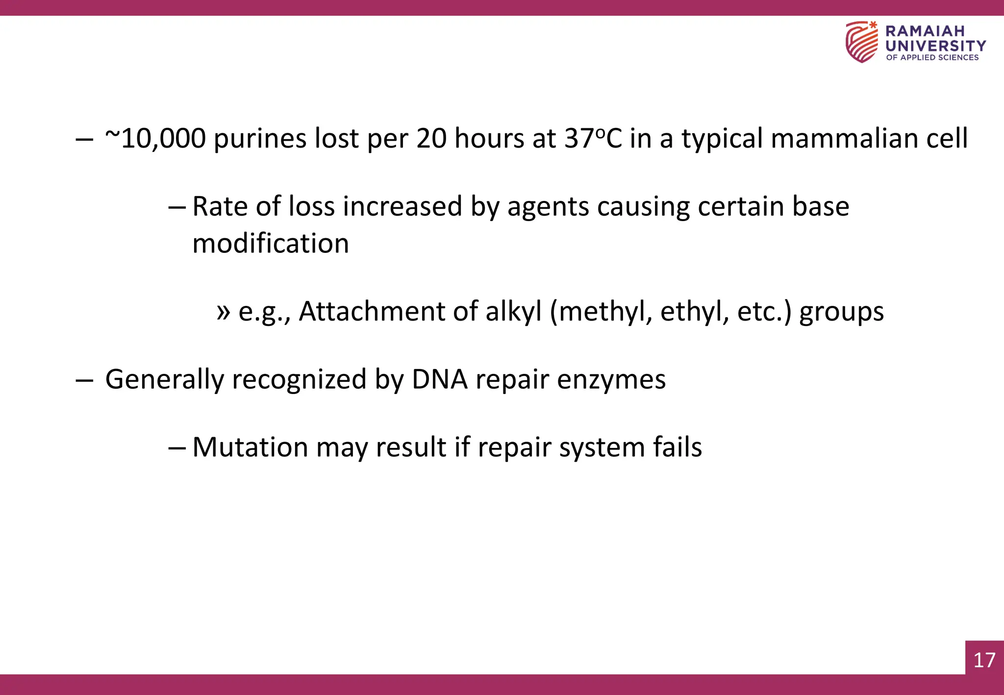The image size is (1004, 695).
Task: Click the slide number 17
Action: (x=984, y=660)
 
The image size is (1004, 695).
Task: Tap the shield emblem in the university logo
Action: (x=861, y=42)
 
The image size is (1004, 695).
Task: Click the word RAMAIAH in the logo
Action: (x=925, y=31)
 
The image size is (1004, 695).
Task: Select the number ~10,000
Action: (x=155, y=139)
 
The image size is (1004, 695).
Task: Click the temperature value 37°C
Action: (x=593, y=139)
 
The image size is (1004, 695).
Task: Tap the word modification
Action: (x=271, y=244)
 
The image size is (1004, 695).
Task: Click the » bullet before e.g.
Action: (x=224, y=312)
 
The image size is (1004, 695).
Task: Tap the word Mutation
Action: (x=250, y=447)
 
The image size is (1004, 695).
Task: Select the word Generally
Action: (x=164, y=379)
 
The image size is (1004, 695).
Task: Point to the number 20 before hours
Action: (x=431, y=139)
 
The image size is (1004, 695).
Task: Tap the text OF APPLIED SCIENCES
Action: (x=932, y=57)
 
